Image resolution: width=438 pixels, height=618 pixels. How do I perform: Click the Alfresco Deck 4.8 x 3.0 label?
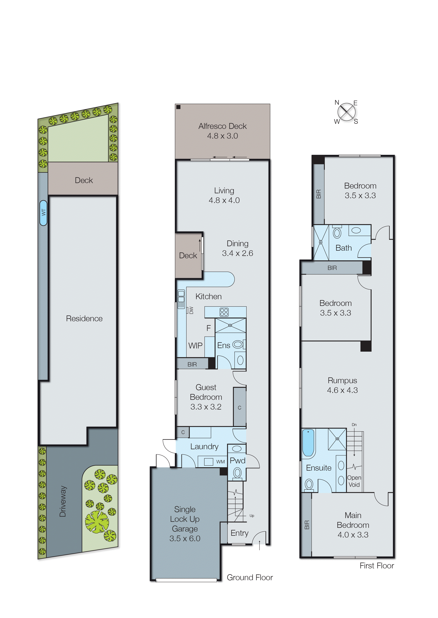point(223,131)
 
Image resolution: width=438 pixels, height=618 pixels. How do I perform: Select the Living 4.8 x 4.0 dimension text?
point(224,200)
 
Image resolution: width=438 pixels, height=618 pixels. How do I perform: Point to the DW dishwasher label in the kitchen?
point(191,310)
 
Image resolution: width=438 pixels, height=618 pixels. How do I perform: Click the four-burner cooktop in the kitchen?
point(224,312)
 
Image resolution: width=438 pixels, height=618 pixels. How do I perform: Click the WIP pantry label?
point(195,345)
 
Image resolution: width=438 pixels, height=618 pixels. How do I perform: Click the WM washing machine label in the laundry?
point(220,462)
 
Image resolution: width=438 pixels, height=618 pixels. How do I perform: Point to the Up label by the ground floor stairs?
point(252,516)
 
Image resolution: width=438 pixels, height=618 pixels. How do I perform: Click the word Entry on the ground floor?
point(239,533)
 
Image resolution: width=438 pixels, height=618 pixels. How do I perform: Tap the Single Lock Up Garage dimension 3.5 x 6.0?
point(185,539)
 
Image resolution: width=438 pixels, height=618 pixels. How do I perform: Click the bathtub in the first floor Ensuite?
point(308,443)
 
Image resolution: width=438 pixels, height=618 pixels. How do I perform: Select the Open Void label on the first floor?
point(354,481)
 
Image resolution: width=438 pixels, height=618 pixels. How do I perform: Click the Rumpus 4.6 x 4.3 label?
point(342,385)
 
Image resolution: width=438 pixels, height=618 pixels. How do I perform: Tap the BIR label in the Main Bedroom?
point(307,525)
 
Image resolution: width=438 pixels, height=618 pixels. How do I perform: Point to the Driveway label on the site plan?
point(63,501)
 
